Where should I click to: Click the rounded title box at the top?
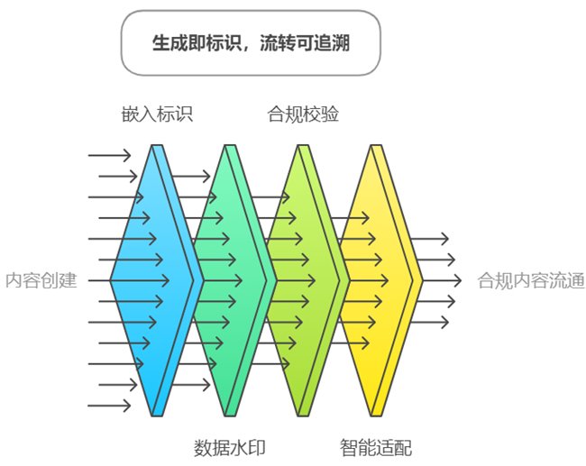tap(251, 43)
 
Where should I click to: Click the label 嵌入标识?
tap(158, 114)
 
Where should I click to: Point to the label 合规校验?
tap(304, 114)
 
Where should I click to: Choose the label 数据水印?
tap(230, 447)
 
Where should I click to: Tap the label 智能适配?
tap(376, 447)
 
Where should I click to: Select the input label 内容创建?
tap(41, 280)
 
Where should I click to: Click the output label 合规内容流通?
tap(531, 280)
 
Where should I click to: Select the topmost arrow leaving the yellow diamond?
tap(431, 239)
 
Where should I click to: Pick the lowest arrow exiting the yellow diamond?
tap(431, 321)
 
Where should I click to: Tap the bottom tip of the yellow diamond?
tap(374, 415)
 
